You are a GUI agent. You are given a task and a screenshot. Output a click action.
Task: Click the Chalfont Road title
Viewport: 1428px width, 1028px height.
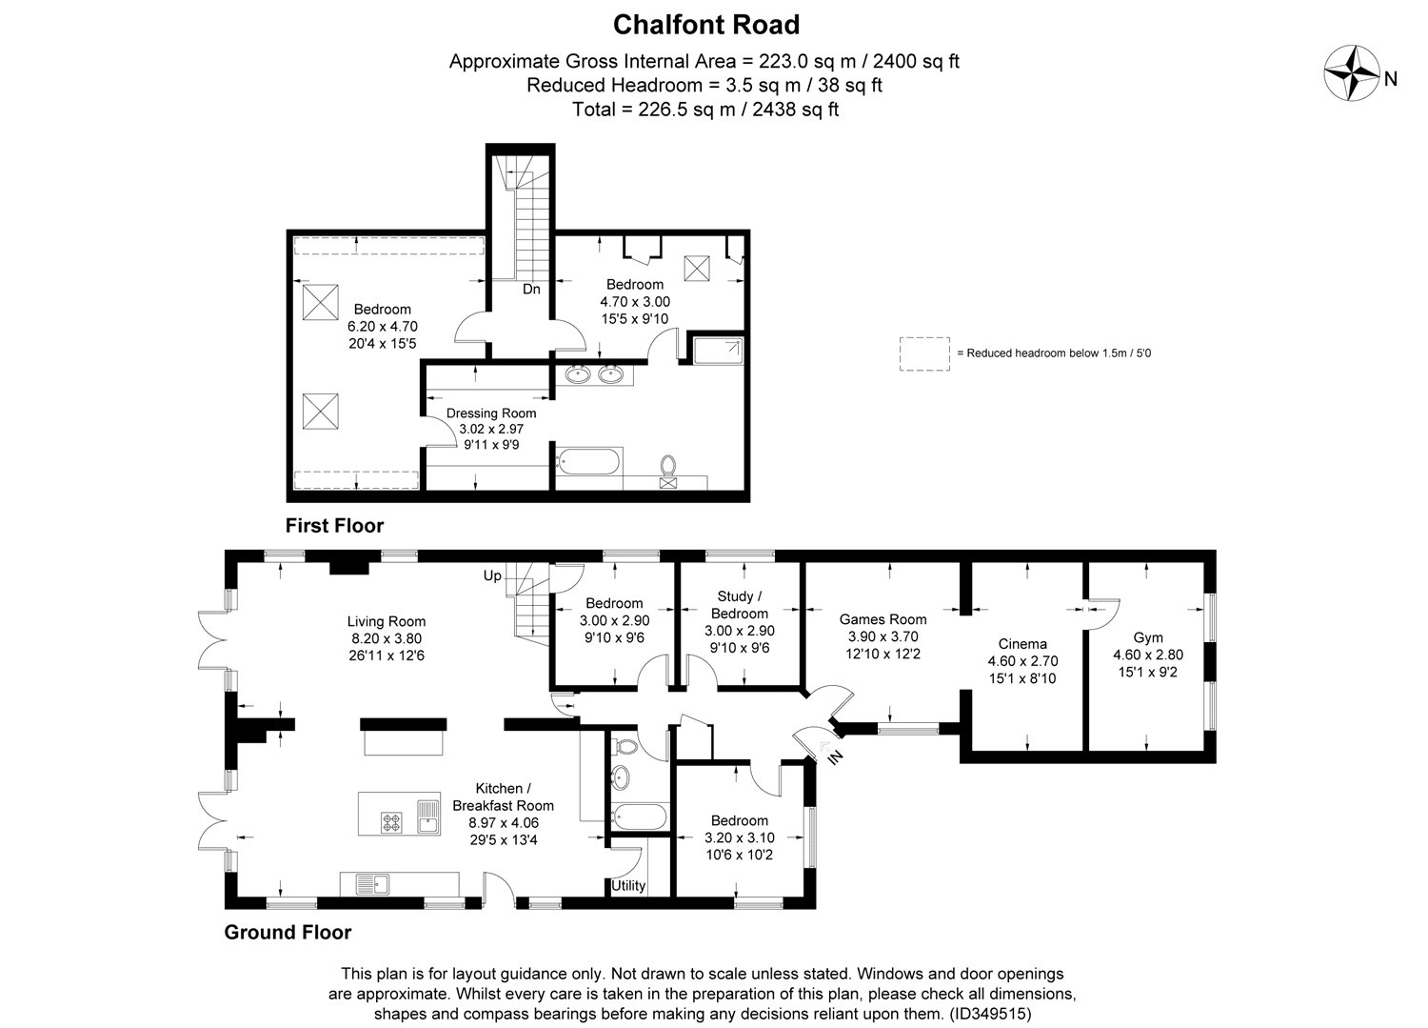tap(705, 24)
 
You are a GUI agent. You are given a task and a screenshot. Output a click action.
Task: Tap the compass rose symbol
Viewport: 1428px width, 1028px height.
tap(1353, 73)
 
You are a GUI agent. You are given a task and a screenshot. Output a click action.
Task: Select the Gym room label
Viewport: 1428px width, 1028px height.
tap(1147, 637)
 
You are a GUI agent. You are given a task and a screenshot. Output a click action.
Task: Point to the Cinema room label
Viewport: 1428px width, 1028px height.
tap(1022, 643)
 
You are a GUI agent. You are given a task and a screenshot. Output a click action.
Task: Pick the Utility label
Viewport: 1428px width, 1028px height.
tap(628, 886)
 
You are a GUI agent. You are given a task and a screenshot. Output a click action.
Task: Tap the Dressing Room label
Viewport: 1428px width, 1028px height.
tap(491, 413)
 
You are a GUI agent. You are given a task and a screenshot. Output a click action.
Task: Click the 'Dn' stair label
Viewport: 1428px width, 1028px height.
tap(531, 289)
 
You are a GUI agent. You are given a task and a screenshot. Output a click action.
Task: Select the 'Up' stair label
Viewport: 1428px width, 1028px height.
tap(492, 576)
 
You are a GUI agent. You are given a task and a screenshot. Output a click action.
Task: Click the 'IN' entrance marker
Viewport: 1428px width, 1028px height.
tap(835, 758)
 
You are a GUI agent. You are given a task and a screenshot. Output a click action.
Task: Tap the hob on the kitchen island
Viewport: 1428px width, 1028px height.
tap(391, 821)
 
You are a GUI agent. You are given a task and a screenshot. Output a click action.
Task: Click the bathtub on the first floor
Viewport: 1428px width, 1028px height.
tap(588, 464)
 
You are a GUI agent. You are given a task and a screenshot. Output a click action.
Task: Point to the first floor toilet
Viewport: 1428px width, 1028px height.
tap(668, 467)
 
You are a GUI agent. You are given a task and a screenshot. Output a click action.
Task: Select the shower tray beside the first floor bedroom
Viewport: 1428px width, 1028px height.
tap(716, 351)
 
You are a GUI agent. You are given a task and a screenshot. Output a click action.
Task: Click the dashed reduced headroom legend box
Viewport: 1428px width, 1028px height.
tap(924, 353)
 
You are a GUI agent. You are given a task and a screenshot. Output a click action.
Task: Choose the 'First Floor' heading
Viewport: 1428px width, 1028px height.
tap(335, 526)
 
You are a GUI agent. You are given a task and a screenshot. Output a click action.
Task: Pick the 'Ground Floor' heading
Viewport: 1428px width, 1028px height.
tap(288, 933)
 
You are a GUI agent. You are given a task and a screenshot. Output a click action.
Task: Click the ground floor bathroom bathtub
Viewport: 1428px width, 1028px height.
tap(640, 816)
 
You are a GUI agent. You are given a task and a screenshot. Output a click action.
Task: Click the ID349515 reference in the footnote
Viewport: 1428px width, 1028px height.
tap(990, 1015)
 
